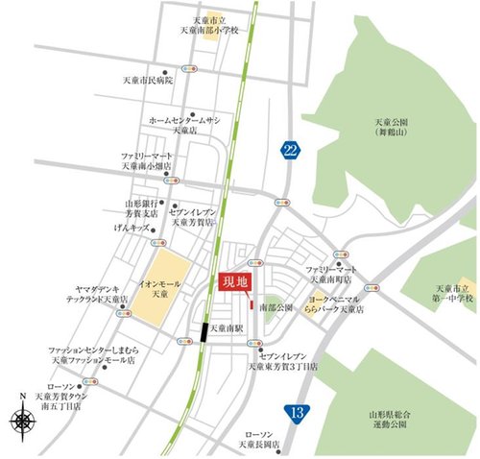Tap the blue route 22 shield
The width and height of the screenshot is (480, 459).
[289, 150]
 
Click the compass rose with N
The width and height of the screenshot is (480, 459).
[23, 419]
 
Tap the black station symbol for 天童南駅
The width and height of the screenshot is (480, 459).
[204, 331]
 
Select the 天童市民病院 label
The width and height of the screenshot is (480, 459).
[146, 81]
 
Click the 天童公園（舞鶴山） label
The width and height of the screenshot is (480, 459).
[392, 128]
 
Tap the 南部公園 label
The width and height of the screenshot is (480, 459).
[275, 306]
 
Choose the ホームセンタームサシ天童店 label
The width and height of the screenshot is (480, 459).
[184, 124]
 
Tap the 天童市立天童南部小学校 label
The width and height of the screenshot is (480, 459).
[214, 26]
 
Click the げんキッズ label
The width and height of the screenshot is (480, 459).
[132, 229]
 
